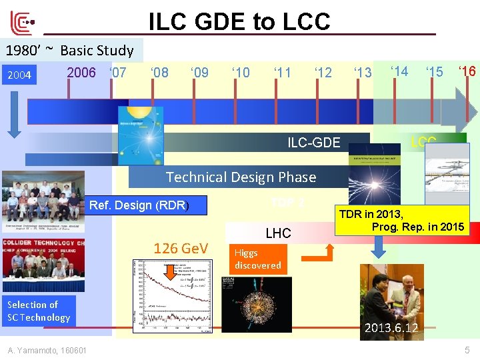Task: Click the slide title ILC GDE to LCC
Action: (x=239, y=21)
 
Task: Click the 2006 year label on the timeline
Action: (x=81, y=72)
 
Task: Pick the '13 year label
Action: (x=363, y=72)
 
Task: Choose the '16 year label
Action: (x=467, y=71)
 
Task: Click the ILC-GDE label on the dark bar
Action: (x=313, y=141)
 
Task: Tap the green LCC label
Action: (x=423, y=141)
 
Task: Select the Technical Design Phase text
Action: (x=241, y=177)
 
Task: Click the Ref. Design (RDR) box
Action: (x=139, y=205)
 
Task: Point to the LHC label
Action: (x=278, y=233)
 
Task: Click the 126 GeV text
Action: (x=181, y=249)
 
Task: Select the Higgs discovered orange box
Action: (x=258, y=259)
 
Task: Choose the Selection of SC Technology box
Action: (x=38, y=311)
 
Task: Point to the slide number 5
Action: (x=467, y=350)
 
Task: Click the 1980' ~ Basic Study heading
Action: (x=70, y=50)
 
